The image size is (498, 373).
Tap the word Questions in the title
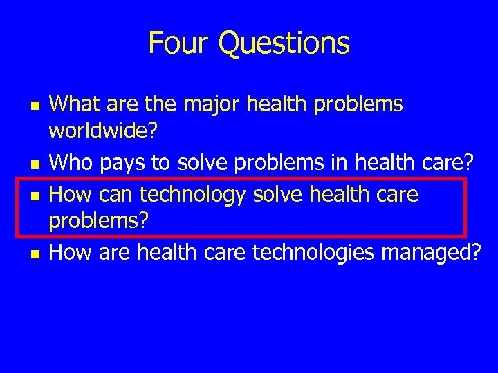coord(284,44)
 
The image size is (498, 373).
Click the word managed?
coord(436,254)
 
